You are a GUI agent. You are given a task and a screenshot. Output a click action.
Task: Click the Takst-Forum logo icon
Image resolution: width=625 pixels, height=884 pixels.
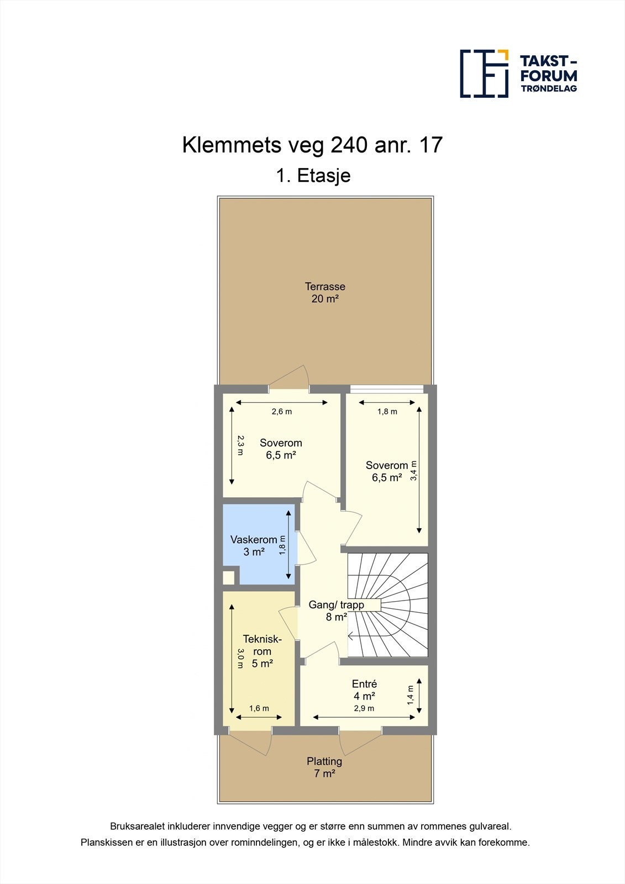coord(484,73)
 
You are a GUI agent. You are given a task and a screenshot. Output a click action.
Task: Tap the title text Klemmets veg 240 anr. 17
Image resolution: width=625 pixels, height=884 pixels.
coord(312,145)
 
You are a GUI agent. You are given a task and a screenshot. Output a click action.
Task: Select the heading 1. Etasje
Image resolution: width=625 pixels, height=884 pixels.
coord(313,176)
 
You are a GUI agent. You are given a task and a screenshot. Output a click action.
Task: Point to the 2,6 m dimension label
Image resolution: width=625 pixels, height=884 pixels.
coord(281,412)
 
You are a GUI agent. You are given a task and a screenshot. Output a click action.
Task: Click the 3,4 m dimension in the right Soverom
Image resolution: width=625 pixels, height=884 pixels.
coord(413,471)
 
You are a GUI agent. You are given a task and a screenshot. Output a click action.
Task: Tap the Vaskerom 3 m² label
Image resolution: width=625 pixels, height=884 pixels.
coord(254,545)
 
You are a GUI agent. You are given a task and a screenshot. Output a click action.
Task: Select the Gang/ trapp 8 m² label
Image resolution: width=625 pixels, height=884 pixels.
coord(336,611)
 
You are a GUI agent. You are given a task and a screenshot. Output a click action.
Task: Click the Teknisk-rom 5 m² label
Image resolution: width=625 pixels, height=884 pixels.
coord(262,651)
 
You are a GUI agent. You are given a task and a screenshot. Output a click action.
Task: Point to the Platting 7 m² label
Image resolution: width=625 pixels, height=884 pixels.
coord(324,767)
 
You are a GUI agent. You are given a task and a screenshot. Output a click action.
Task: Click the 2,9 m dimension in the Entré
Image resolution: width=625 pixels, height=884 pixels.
coord(364,708)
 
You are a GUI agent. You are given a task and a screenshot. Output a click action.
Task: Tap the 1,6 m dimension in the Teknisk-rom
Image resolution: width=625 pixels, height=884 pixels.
coord(259,708)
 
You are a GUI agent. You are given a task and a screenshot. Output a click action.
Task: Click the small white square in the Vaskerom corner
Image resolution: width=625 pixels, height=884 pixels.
coord(228,578)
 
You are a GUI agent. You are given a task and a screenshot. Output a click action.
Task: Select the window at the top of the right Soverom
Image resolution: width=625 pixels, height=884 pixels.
coord(387,388)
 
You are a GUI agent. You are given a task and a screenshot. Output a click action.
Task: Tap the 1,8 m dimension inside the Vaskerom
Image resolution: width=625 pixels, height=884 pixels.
coord(282,545)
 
